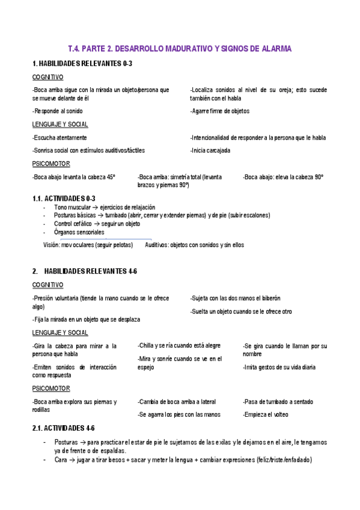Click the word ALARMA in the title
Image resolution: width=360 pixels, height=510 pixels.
pyautogui.click(x=273, y=48)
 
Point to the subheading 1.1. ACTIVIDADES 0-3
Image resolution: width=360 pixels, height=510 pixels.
pyautogui.click(x=64, y=198)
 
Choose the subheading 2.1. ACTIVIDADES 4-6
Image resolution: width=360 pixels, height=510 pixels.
pyautogui.click(x=64, y=428)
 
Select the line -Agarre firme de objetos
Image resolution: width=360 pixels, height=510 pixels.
pyautogui.click(x=219, y=111)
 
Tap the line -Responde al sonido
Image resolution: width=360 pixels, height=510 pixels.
pyautogui.click(x=58, y=111)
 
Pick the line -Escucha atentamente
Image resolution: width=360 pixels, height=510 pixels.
pyautogui.click(x=59, y=137)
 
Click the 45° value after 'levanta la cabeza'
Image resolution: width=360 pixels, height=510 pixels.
pyautogui.click(x=111, y=177)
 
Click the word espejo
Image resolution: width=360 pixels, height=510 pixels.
pyautogui.click(x=146, y=367)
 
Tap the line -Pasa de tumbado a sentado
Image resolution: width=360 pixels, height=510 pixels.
pyautogui.click(x=278, y=401)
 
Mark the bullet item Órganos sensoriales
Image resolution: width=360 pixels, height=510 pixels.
pyautogui.click(x=79, y=232)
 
